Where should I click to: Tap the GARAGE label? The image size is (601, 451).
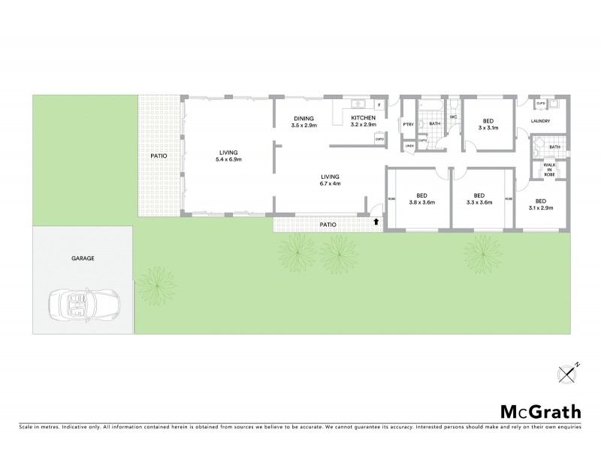[82, 258]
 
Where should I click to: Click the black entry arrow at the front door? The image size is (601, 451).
[376, 222]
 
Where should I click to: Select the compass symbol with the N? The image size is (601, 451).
[568, 372]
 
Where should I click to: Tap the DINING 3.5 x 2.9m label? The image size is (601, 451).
[304, 122]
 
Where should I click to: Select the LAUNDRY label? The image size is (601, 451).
[541, 121]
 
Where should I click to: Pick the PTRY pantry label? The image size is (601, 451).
[409, 125]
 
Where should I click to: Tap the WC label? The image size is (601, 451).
[453, 117]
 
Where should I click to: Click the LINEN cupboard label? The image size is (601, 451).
[409, 146]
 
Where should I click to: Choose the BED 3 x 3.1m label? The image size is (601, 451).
[488, 125]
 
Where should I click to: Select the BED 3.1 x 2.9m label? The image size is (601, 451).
[540, 204]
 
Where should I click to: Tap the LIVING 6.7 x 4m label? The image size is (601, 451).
[330, 180]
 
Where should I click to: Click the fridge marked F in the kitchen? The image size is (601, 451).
[379, 104]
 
